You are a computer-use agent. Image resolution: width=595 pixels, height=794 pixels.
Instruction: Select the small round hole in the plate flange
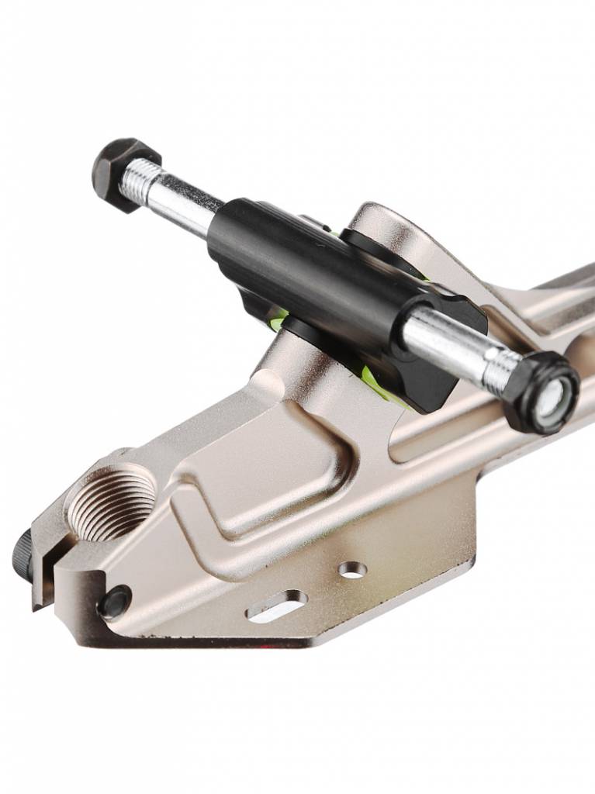click(353, 570)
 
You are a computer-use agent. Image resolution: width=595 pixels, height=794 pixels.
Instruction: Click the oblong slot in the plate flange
click(276, 606)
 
